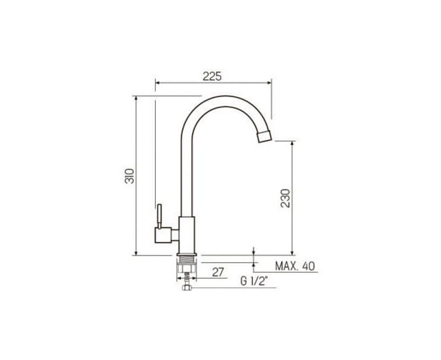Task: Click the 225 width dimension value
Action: point(212,76)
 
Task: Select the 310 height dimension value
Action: point(129,176)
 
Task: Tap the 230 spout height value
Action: point(285,199)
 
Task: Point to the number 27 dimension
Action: point(218,272)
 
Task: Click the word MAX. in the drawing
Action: point(287,266)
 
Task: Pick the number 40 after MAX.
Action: point(309,266)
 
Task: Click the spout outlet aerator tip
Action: point(265,136)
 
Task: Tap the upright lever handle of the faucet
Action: point(159,216)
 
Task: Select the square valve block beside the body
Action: point(163,235)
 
